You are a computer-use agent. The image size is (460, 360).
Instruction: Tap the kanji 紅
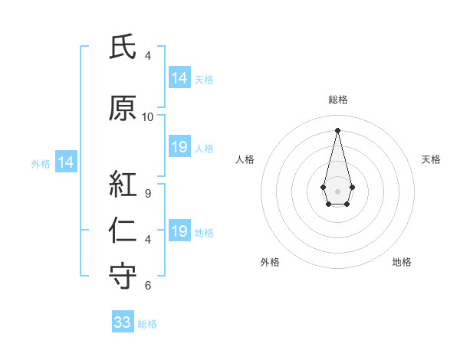coord(123,185)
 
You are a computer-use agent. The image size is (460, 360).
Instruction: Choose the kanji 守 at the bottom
coord(123,276)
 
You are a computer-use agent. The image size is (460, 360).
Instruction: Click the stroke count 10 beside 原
coord(148,117)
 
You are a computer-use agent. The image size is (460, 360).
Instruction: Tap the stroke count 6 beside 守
coord(148,286)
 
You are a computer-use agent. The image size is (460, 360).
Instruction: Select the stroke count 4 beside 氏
coord(148,56)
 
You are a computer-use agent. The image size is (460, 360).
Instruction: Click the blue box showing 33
coord(123,322)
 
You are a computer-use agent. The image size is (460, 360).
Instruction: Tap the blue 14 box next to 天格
coord(179,77)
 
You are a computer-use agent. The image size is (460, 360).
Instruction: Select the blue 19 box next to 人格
coord(179,147)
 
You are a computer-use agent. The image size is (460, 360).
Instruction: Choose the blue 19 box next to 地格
coord(179,231)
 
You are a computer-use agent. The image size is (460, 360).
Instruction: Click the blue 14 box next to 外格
coord(65,162)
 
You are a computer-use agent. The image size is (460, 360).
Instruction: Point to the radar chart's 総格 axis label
coord(337,100)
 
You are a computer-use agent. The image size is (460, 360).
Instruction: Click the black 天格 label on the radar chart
coord(432,159)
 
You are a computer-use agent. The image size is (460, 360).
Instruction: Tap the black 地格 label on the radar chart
coord(402,262)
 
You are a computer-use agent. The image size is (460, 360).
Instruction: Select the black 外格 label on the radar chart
coord(270,262)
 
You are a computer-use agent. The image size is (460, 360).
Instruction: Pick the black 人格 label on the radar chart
coord(245,159)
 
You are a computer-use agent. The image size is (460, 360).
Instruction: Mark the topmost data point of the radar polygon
coord(337,129)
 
